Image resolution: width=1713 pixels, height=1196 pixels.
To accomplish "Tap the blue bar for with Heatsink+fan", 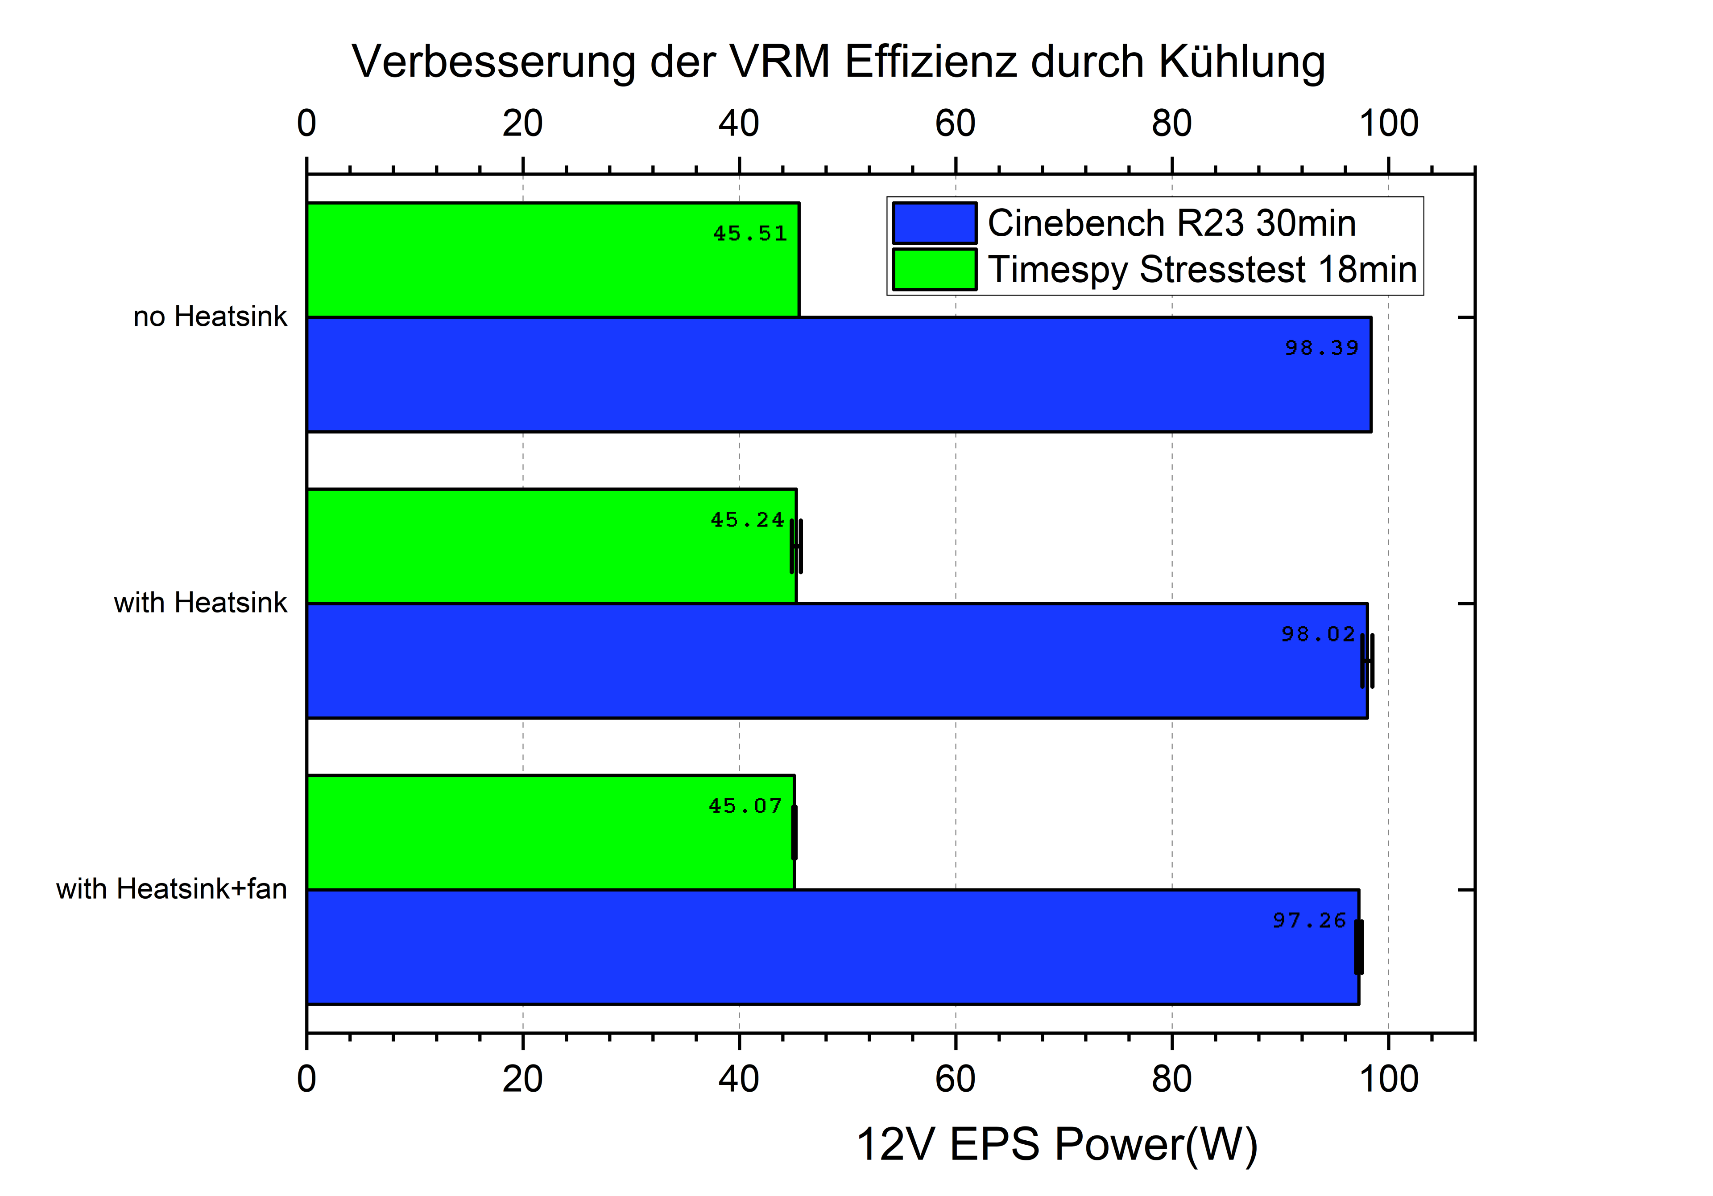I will coord(832,947).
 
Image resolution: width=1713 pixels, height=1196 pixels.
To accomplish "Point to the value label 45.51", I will coord(750,234).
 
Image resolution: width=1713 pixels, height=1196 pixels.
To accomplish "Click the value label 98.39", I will coord(1321,348).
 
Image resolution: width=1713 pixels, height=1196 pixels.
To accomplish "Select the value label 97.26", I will coord(1309,921).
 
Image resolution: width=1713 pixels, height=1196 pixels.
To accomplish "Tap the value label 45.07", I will coord(745,806).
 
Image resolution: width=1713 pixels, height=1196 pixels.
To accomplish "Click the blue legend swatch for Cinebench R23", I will coord(934,223).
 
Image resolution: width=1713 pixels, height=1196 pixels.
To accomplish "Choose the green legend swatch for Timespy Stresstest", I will coord(934,269).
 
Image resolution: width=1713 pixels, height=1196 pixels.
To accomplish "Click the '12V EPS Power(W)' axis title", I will coord(1056,1145).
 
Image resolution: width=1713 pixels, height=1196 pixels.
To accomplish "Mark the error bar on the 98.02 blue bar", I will coord(1367,661).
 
